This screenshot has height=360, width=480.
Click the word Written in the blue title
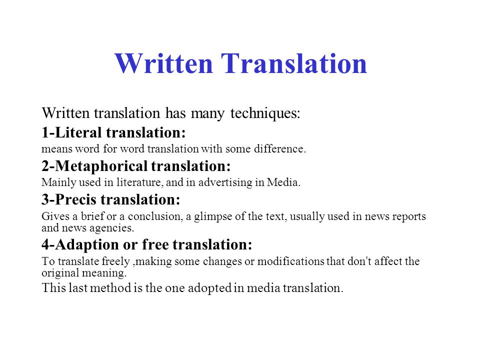[163, 63]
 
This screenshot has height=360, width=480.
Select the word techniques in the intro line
[265, 113]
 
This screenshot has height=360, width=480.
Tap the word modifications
[291, 261]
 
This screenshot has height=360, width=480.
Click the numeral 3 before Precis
[45, 199]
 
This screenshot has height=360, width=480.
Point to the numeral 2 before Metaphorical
[45, 166]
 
